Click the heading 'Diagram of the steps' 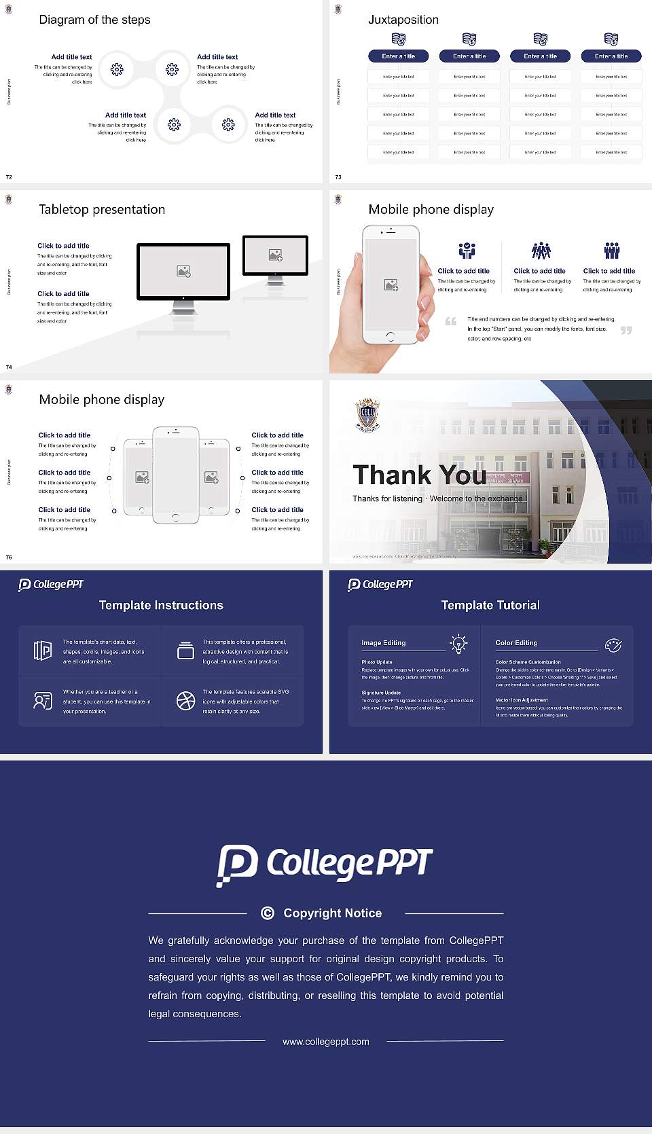pyautogui.click(x=94, y=20)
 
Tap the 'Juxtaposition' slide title pyautogui.click(x=403, y=20)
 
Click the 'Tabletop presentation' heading pyautogui.click(x=102, y=209)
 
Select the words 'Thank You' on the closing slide pyautogui.click(x=419, y=475)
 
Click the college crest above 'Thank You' pyautogui.click(x=367, y=416)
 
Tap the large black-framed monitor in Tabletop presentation pyautogui.click(x=183, y=272)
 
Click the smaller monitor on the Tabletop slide pyautogui.click(x=275, y=255)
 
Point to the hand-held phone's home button pyautogui.click(x=390, y=336)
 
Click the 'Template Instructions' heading pyautogui.click(x=161, y=605)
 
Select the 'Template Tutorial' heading pyautogui.click(x=490, y=605)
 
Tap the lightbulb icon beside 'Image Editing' pyautogui.click(x=458, y=644)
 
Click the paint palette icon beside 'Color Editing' pyautogui.click(x=613, y=645)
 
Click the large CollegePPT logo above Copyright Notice pyautogui.click(x=325, y=864)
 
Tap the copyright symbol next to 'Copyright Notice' pyautogui.click(x=268, y=913)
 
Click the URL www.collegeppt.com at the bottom pyautogui.click(x=326, y=1042)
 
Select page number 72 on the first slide pyautogui.click(x=9, y=177)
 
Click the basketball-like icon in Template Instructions pyautogui.click(x=185, y=701)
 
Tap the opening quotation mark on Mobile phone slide pyautogui.click(x=450, y=321)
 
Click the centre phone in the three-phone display pyautogui.click(x=175, y=475)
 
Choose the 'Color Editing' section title pyautogui.click(x=516, y=642)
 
